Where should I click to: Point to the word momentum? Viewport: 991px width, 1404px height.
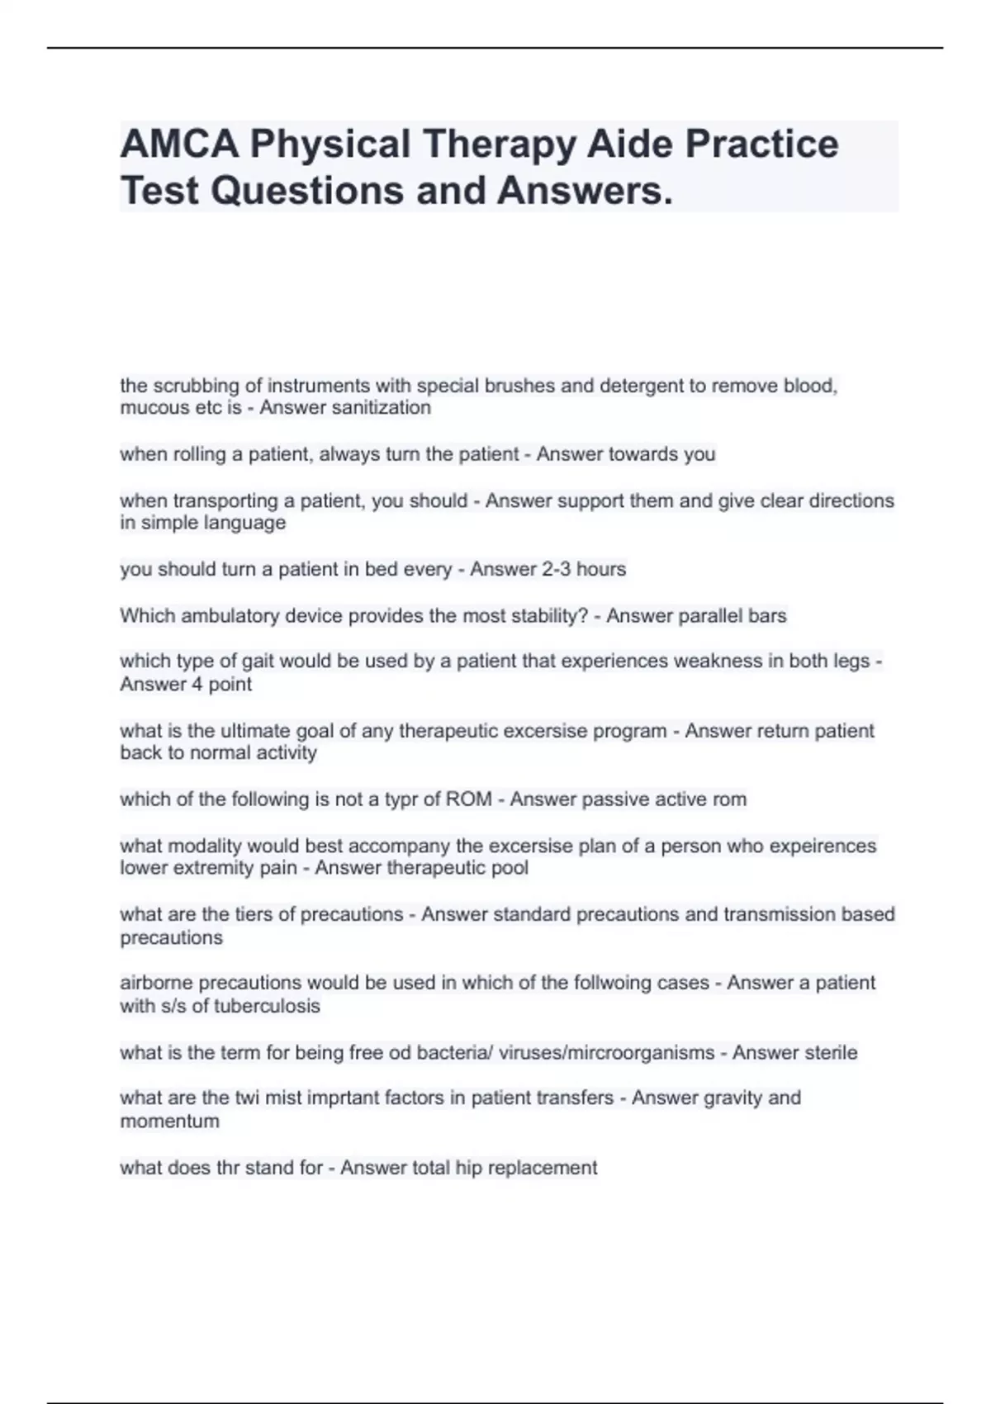coord(170,1122)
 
